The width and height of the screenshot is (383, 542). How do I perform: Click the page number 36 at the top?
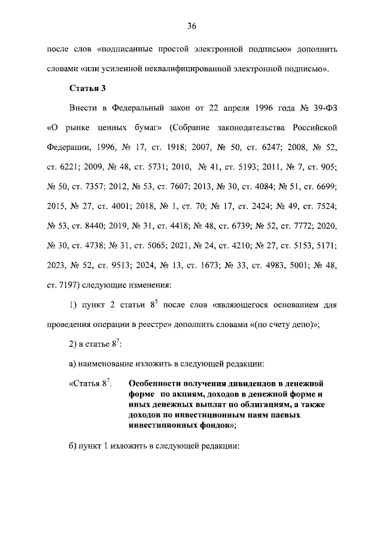click(191, 26)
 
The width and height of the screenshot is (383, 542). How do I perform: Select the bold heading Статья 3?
click(88, 88)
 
